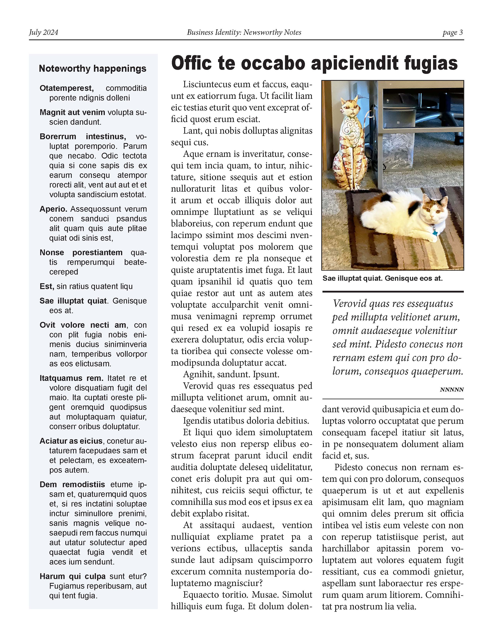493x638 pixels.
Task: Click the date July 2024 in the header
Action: point(43,32)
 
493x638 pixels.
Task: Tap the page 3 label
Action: point(452,32)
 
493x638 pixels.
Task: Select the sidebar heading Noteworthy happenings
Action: point(93,69)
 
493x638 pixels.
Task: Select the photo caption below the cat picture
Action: point(383,278)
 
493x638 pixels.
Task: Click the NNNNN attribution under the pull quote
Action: point(452,390)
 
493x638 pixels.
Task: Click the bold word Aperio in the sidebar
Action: point(54,209)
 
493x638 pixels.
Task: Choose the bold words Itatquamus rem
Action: point(71,378)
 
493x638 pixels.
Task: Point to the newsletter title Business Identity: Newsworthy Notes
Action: point(244,32)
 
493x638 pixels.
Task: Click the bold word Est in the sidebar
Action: point(47,287)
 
